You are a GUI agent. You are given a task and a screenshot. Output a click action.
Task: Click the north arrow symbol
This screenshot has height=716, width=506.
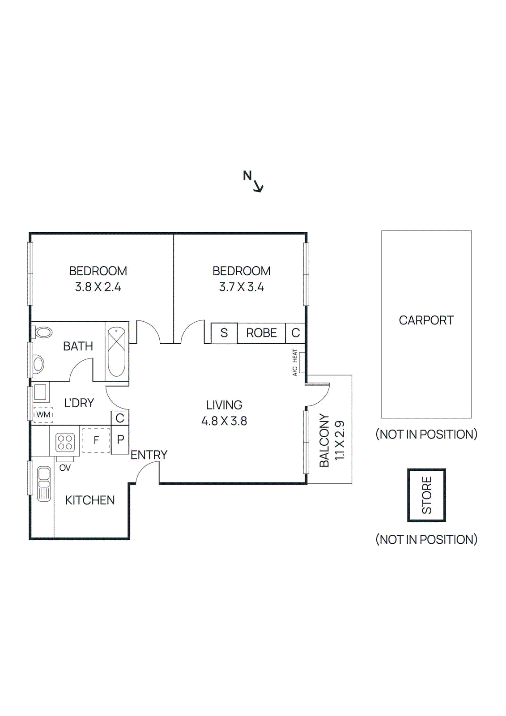pyautogui.click(x=258, y=186)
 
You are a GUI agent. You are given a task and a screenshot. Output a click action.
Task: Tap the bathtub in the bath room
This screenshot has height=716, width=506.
pyautogui.click(x=116, y=352)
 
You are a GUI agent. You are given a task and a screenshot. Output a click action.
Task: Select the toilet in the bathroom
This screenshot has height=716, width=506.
pyautogui.click(x=43, y=332)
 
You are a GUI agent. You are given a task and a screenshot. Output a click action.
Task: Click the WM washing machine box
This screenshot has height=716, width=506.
pyautogui.click(x=43, y=415)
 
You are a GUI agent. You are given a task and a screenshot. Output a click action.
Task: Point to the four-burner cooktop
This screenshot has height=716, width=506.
pyautogui.click(x=65, y=442)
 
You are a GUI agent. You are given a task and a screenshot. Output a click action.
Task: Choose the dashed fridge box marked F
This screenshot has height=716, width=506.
pyautogui.click(x=96, y=440)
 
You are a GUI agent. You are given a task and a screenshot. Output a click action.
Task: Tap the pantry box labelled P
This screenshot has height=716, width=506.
pyautogui.click(x=120, y=440)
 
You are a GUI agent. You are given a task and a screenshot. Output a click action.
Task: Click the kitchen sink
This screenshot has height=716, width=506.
pyautogui.click(x=44, y=483)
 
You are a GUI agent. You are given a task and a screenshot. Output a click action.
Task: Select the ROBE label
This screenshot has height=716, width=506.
pyautogui.click(x=261, y=333)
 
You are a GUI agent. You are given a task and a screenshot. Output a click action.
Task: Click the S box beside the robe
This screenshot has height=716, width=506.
pyautogui.click(x=224, y=333)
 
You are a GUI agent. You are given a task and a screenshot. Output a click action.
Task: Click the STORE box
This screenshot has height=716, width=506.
pyautogui.click(x=426, y=495)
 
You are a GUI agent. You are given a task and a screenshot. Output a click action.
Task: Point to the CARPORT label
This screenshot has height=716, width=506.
pyautogui.click(x=426, y=320)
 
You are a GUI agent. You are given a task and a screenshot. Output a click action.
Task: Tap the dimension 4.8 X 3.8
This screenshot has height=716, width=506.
pyautogui.click(x=224, y=421)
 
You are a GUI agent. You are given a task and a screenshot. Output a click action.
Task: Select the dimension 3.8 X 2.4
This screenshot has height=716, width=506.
pyautogui.click(x=98, y=287)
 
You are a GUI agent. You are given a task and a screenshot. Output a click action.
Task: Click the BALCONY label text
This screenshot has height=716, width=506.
pyautogui.click(x=324, y=440)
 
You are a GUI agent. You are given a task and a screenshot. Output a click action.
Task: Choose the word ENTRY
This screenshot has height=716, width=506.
pyautogui.click(x=149, y=455)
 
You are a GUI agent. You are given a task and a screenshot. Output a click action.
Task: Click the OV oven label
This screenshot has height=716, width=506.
pyautogui.click(x=65, y=468)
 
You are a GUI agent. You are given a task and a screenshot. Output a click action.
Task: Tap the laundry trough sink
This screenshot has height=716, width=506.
pyautogui.click(x=40, y=392)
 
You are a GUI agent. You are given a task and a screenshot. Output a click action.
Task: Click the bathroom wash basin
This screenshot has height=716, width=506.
pyautogui.click(x=38, y=364)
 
